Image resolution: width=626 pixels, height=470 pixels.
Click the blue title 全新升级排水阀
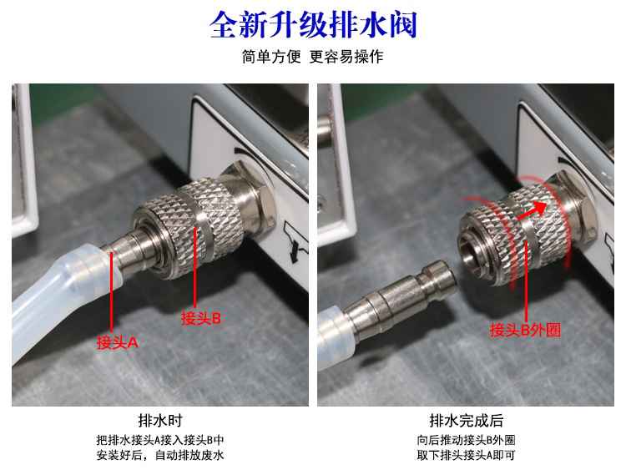click(x=313, y=26)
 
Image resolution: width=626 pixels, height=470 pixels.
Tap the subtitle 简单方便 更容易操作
click(x=313, y=58)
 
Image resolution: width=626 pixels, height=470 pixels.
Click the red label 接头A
click(x=117, y=341)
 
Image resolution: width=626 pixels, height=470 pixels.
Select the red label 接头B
click(x=201, y=317)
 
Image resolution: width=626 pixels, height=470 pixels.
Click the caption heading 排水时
click(x=159, y=421)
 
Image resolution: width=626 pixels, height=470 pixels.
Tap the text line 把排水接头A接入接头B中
click(x=159, y=440)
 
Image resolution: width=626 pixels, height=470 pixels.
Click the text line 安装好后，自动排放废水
click(x=159, y=455)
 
